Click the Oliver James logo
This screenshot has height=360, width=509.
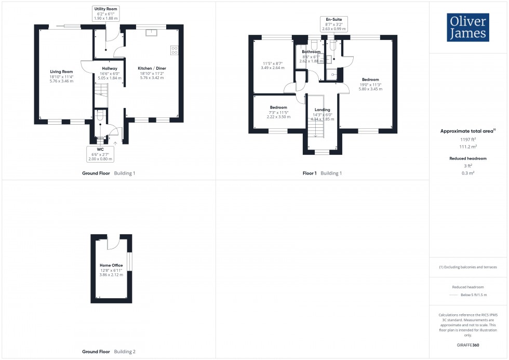click(467, 28)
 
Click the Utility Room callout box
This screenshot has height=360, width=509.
click(106, 14)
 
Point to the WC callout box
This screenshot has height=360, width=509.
click(100, 153)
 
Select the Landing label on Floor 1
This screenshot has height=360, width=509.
click(322, 110)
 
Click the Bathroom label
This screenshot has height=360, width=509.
click(311, 52)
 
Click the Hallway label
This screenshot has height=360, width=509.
click(110, 69)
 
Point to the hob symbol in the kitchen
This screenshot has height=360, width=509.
click(173, 50)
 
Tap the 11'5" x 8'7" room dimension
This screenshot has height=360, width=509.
click(272, 63)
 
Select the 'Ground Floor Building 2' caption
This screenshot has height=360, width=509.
click(109, 352)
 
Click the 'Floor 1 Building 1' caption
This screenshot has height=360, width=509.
click(322, 173)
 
